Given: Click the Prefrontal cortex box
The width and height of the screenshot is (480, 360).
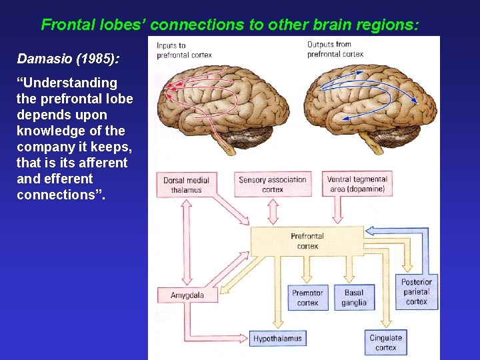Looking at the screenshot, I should coord(307,241).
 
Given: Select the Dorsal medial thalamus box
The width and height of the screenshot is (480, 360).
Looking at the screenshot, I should coord(187,185).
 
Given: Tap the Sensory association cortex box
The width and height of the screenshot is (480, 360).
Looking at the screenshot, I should coord(273,185).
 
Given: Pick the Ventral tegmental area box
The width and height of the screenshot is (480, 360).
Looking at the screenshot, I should coord(357,185).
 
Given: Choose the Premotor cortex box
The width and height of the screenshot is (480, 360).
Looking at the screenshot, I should coord(307,298).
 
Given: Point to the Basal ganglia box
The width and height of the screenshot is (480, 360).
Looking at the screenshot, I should coord(354,298).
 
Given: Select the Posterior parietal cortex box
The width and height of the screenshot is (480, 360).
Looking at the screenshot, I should coord(417,292).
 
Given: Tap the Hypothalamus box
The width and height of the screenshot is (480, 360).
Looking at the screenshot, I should coord(277,339).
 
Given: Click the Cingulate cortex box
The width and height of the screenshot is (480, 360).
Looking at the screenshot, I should coord(385,343).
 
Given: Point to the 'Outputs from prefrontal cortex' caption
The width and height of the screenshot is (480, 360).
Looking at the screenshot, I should coord(335,49).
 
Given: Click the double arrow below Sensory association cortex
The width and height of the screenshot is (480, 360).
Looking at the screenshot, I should coord(273,211).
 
